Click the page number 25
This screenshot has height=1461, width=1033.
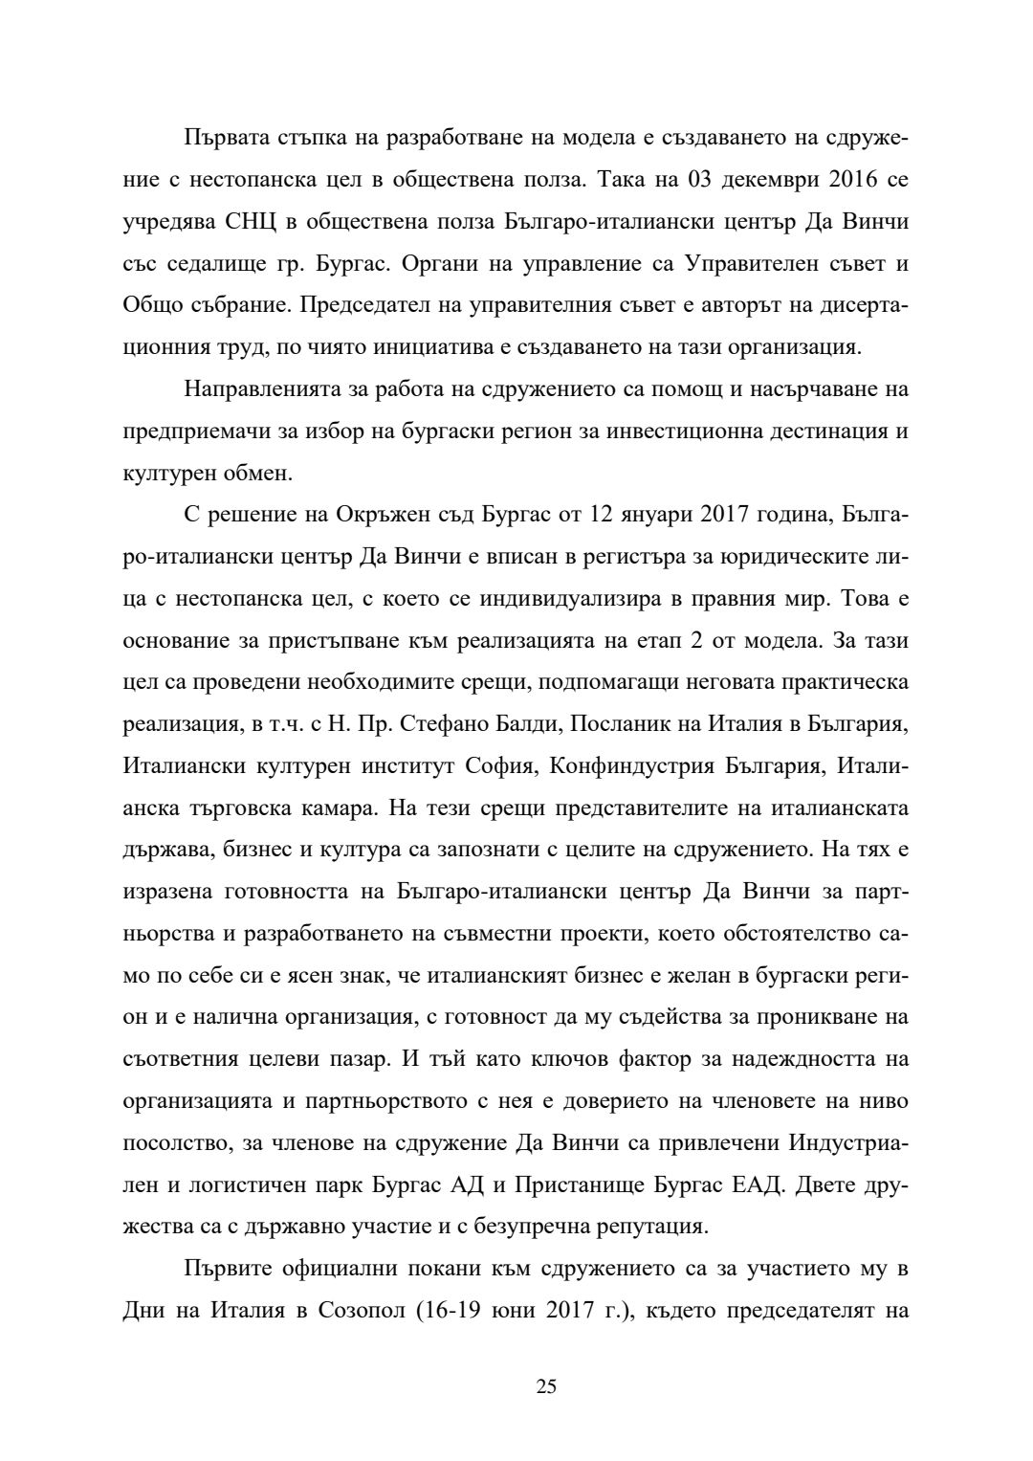(x=546, y=1386)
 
